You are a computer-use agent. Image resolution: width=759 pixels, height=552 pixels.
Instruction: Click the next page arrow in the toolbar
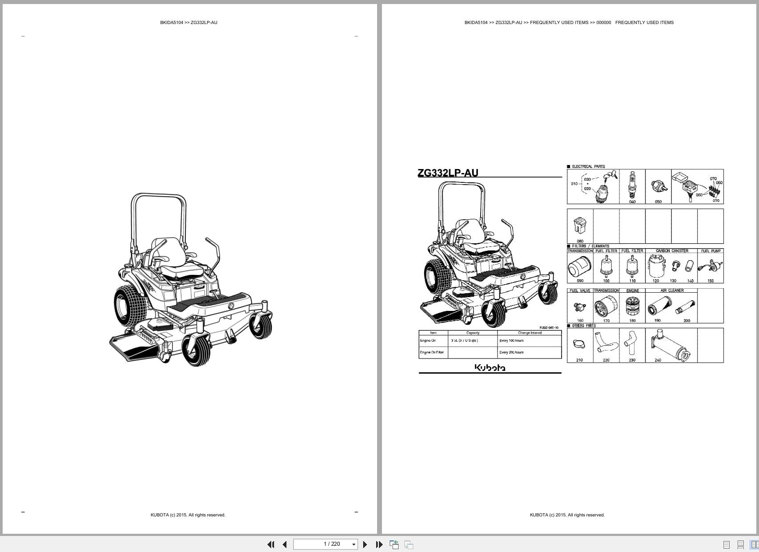(365, 544)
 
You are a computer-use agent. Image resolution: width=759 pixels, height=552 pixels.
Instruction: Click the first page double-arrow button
(270, 544)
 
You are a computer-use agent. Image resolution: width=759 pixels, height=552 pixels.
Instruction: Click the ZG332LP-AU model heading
(448, 173)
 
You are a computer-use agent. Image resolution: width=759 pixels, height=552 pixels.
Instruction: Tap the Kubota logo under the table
(490, 367)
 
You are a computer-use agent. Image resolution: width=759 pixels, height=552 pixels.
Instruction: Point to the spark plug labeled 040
(632, 186)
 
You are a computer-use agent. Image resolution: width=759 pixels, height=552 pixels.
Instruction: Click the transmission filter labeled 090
(579, 267)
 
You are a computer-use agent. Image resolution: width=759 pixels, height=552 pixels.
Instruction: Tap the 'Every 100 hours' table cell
(511, 341)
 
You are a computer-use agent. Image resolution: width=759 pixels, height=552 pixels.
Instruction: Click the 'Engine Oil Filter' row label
(432, 352)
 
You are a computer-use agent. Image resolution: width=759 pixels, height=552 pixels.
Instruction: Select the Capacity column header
(473, 333)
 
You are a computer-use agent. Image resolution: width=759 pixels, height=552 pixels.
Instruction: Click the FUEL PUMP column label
(711, 251)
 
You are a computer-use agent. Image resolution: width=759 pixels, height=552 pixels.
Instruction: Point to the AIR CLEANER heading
(672, 290)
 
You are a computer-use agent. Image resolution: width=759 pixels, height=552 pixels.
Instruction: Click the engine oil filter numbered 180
(632, 306)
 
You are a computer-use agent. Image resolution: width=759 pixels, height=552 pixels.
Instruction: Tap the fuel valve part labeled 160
(580, 306)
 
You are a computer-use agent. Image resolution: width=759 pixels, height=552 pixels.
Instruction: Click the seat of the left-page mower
(178, 267)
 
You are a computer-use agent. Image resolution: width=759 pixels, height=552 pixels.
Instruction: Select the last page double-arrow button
(379, 544)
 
